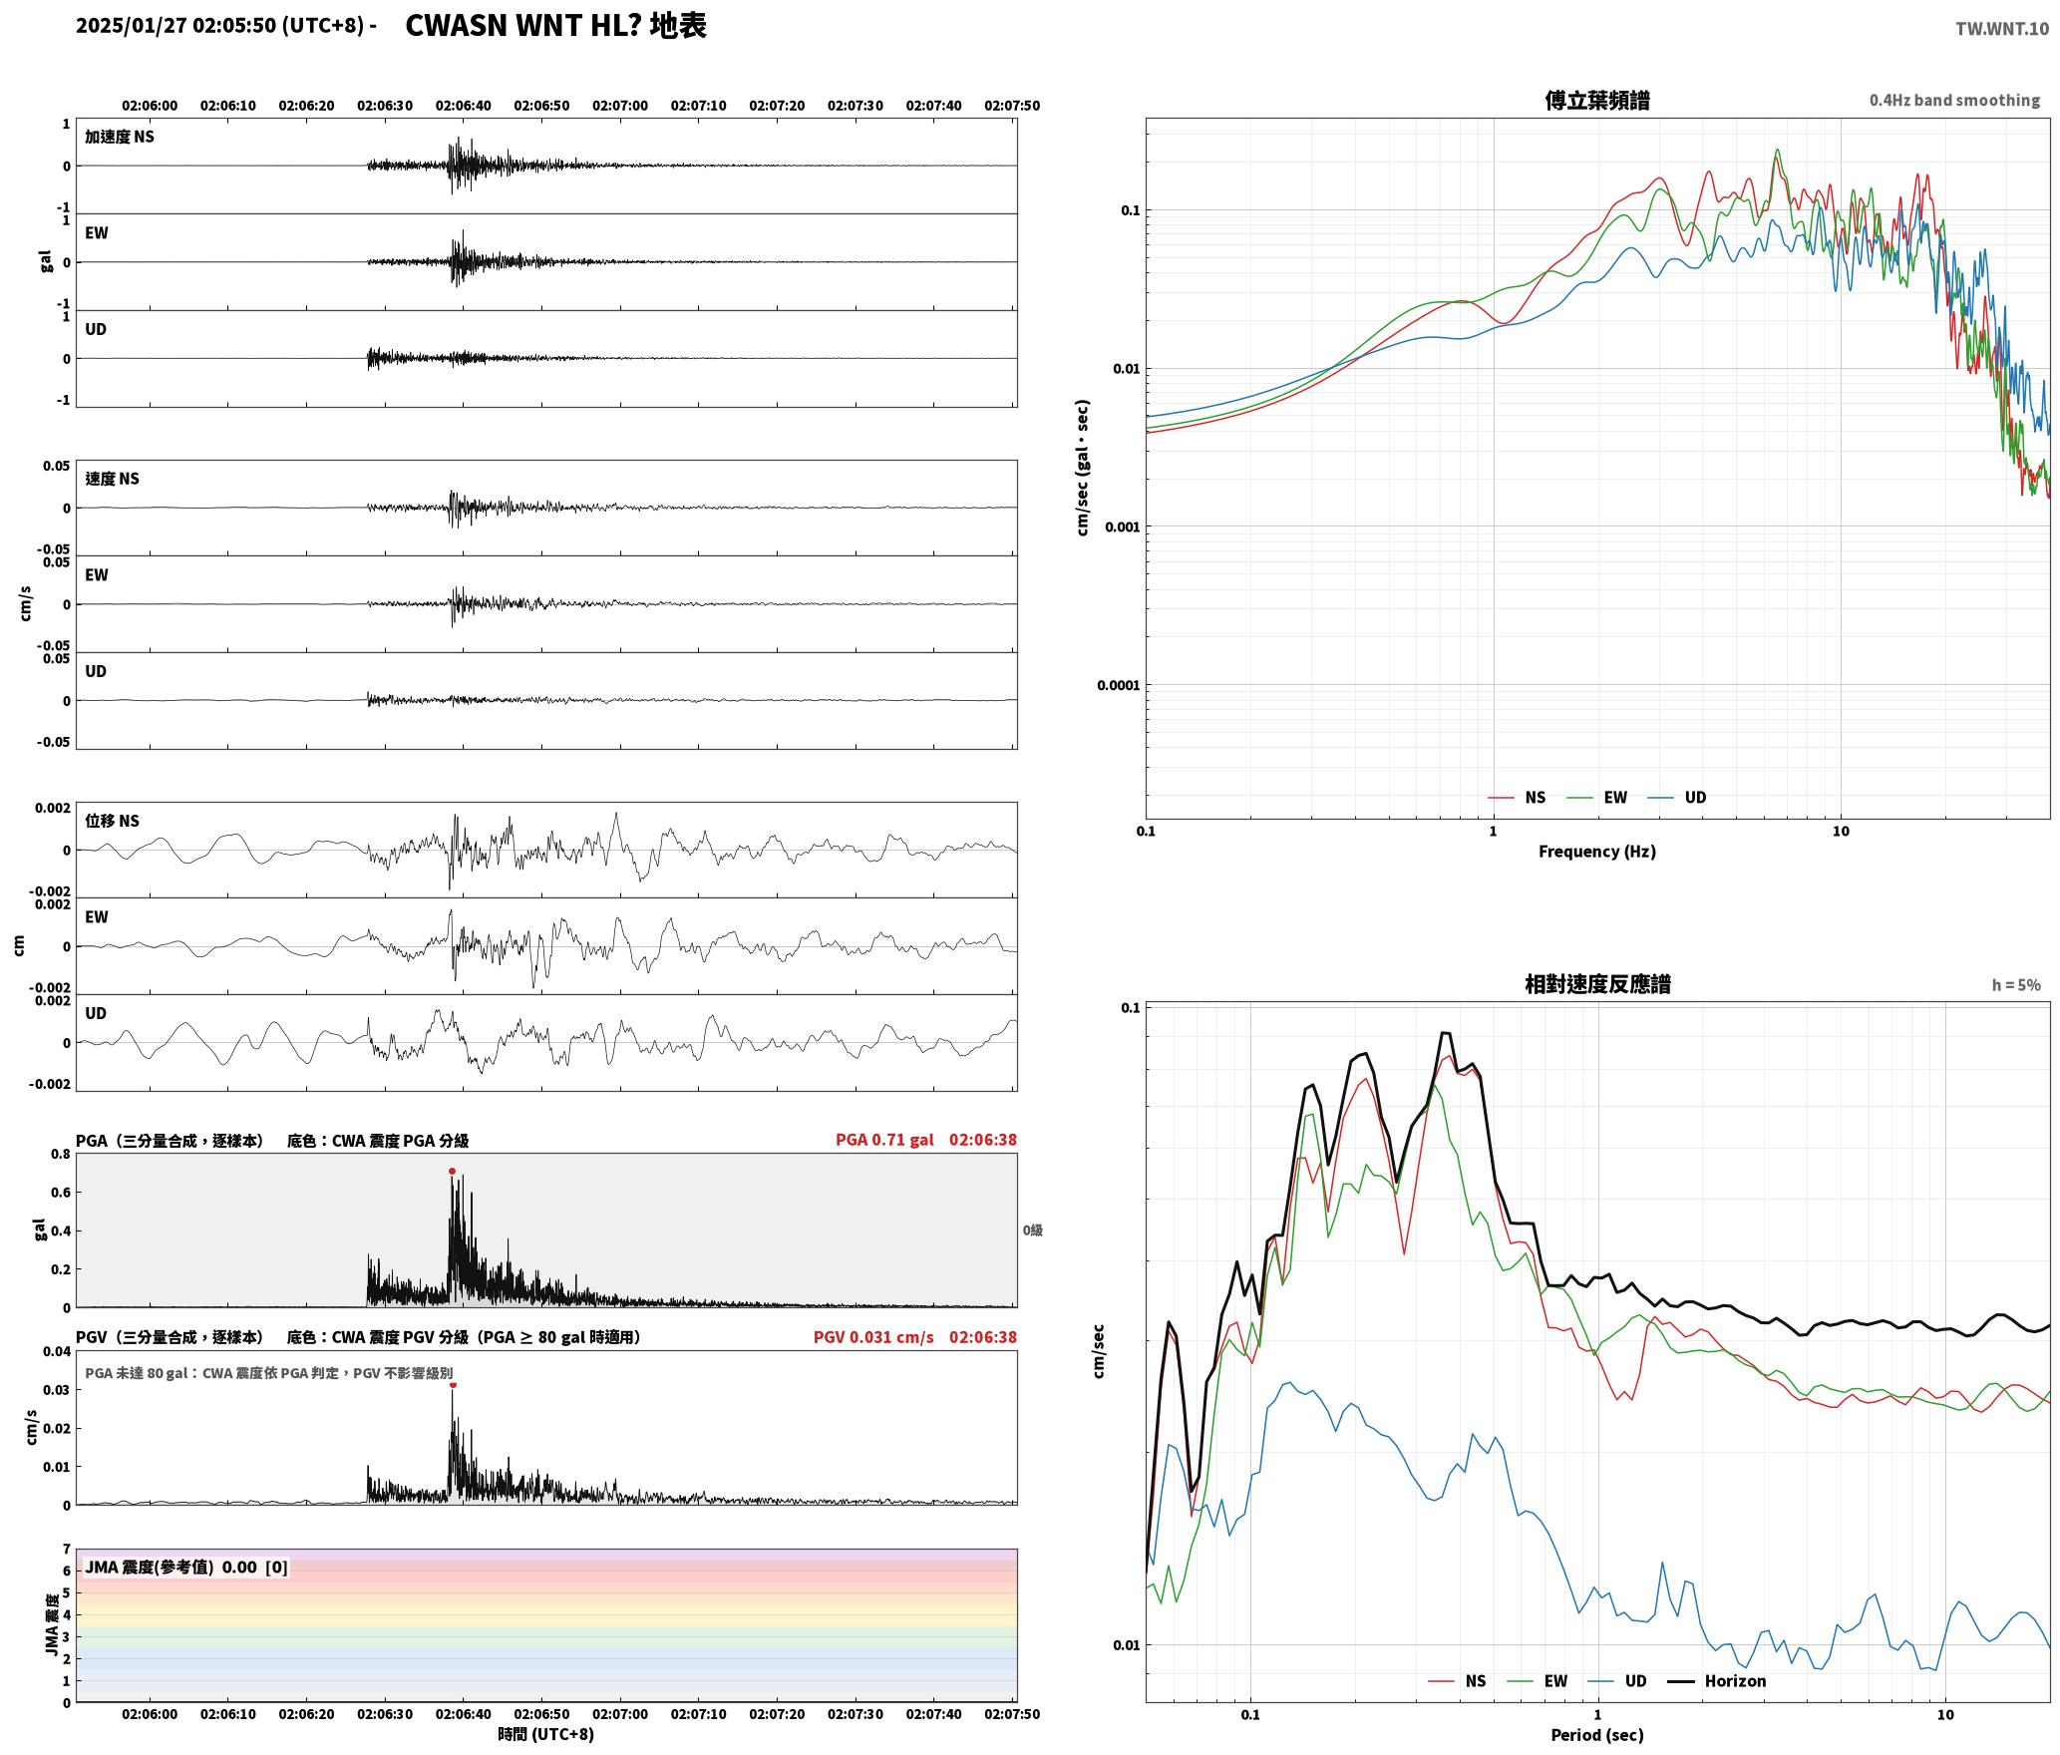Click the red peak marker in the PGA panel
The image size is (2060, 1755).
452,1172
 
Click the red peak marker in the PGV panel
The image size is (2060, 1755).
453,1384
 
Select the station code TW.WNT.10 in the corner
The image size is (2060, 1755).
2002,29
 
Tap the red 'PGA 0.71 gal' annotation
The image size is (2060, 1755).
884,1140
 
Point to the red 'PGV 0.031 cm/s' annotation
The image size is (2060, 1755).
873,1337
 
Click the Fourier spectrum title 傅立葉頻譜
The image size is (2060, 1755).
1597,101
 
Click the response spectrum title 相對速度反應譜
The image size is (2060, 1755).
1597,984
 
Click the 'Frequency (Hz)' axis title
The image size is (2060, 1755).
1597,852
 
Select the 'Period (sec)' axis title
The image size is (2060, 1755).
1597,1735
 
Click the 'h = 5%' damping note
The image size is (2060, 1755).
2016,985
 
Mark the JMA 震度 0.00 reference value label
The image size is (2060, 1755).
186,1568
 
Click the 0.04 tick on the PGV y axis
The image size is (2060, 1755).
57,1352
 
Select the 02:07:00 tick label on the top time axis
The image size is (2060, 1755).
620,106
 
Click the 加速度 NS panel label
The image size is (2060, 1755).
120,137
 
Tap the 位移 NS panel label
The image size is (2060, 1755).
112,821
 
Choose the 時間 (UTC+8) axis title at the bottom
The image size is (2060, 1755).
546,1734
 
